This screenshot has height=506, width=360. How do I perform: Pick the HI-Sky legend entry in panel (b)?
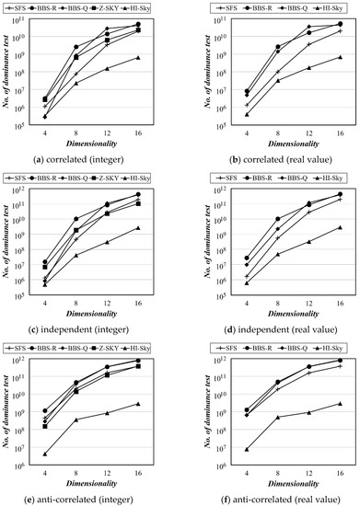[326, 7]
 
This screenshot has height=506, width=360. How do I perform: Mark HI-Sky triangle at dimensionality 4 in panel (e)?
[45, 454]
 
